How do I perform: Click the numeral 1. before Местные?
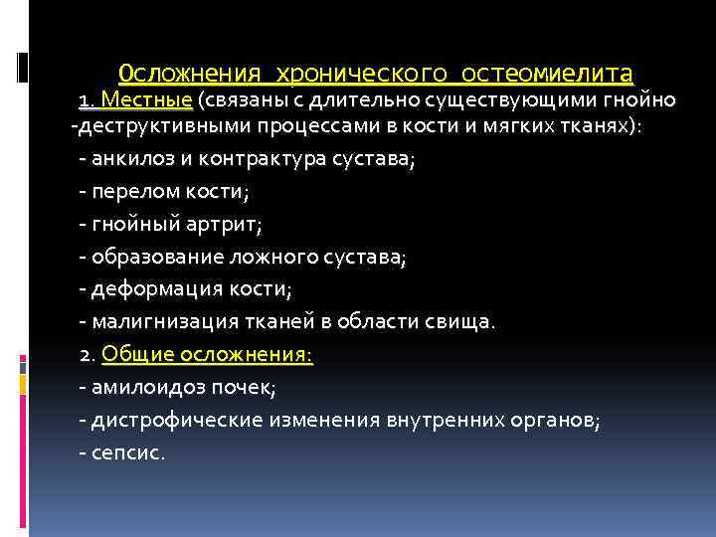click(88, 101)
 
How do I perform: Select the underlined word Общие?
click(135, 354)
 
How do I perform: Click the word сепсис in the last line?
click(128, 452)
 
